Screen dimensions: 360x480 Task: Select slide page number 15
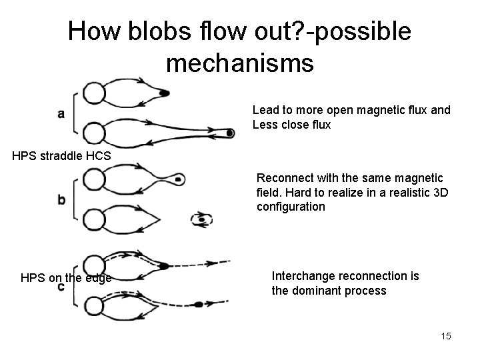point(445,336)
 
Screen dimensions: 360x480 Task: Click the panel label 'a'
point(61,113)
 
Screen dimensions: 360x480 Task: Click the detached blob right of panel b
point(201,219)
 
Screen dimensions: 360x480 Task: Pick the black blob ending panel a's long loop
point(229,133)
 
